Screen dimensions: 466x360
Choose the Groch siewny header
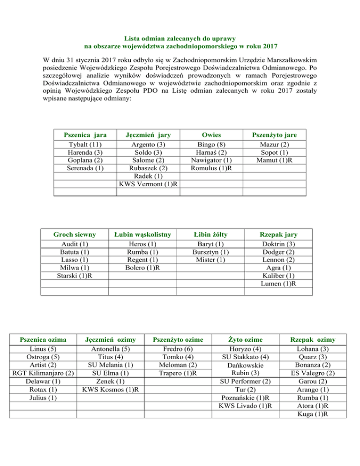click(75, 234)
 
